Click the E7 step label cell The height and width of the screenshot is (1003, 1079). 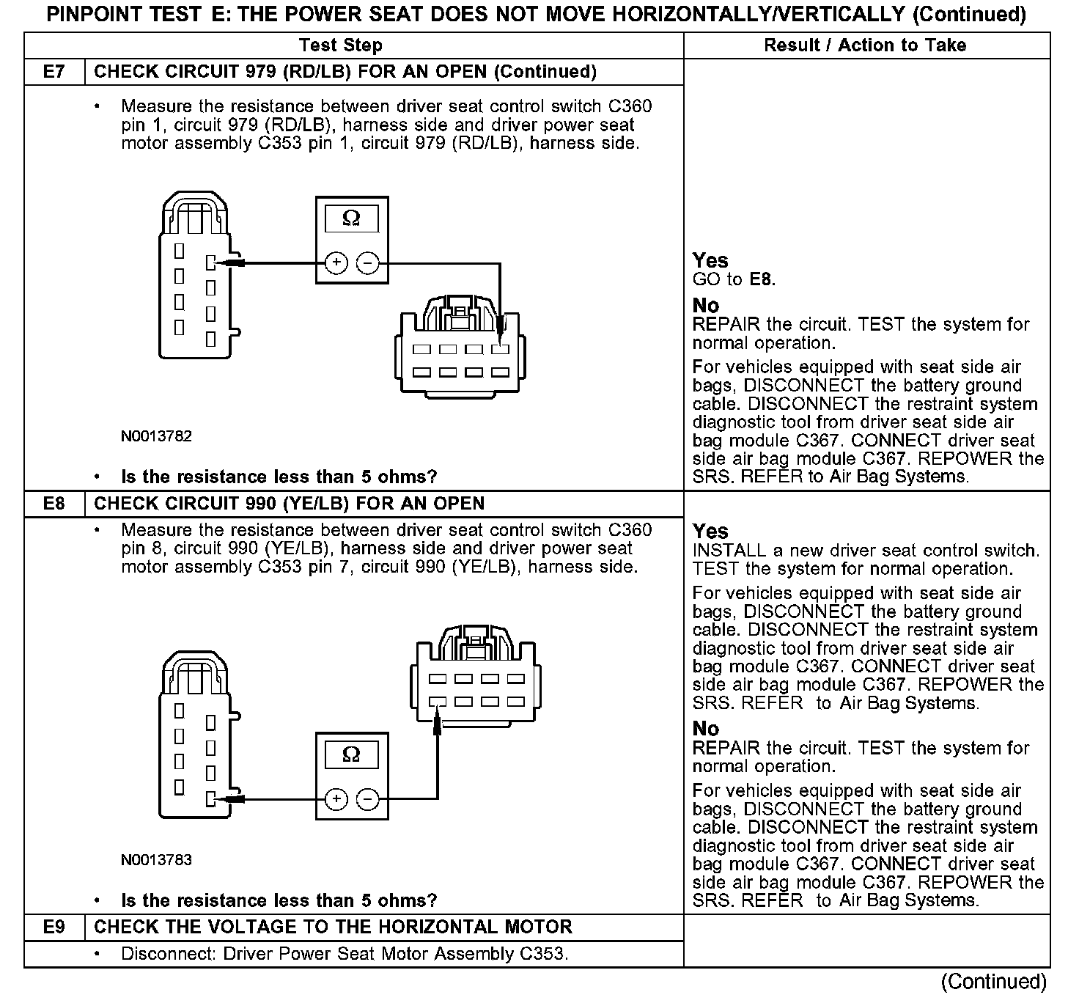tap(54, 72)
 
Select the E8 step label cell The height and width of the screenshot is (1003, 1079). tap(54, 504)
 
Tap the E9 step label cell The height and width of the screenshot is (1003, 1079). tap(54, 927)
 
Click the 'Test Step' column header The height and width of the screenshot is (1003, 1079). tap(341, 45)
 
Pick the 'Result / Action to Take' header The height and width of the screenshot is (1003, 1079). tap(865, 45)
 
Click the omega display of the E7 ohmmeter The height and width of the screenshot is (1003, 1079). tap(352, 218)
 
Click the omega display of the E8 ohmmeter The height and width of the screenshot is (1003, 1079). tap(352, 754)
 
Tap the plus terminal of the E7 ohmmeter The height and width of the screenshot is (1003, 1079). tap(336, 262)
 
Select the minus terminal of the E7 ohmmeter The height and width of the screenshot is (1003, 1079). tap(368, 262)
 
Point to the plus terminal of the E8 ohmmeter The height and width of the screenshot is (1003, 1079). tap(336, 798)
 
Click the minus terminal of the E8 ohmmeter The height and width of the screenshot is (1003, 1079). tap(368, 798)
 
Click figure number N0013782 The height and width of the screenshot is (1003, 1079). tap(156, 436)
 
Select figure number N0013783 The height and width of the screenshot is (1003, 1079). tap(156, 860)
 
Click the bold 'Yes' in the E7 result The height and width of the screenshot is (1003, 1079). tap(710, 260)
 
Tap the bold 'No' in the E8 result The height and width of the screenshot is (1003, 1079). tap(706, 729)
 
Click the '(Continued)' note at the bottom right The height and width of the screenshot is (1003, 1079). tap(993, 982)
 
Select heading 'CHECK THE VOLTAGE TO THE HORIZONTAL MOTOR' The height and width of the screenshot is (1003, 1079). tap(333, 927)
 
